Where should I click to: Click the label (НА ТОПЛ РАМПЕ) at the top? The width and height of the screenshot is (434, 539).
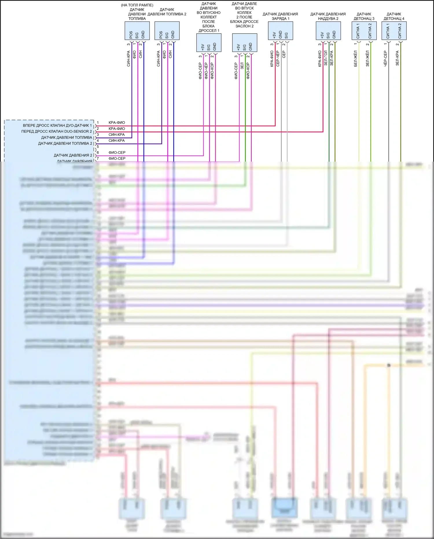pos(137,5)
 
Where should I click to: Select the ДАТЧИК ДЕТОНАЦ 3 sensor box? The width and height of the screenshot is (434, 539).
pos(364,31)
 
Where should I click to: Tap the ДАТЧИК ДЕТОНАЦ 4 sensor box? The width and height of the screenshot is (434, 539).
pos(394,31)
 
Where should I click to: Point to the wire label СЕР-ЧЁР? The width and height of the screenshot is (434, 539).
pos(278,59)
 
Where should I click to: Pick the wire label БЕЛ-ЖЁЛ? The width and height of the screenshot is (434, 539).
pos(356,59)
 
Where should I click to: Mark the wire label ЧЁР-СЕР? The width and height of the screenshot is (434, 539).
pos(385,59)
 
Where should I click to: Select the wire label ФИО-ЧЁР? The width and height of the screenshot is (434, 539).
pos(206,71)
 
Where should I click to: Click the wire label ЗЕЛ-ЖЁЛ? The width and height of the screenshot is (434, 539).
pos(367,59)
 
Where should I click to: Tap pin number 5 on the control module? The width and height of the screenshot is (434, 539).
pos(98,147)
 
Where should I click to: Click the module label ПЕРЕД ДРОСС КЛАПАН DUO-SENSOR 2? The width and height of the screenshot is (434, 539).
pos(56,131)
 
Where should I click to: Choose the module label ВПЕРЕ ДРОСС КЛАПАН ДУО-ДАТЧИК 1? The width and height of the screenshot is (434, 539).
pos(57,125)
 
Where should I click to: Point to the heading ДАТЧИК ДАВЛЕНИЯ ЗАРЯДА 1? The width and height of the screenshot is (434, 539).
pos(280,16)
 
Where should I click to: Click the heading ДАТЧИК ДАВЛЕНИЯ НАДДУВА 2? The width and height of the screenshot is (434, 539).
pos(328,16)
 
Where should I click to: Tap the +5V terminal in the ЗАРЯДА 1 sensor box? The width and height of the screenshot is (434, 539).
pos(274,35)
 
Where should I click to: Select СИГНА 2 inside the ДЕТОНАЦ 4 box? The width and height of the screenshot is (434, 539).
pos(400,31)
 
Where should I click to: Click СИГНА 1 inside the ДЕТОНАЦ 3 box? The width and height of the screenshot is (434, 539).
pos(358,31)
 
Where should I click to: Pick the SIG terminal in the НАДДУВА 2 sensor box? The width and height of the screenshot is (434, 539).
pos(328,35)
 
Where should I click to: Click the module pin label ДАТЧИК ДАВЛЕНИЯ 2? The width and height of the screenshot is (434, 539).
pos(73,155)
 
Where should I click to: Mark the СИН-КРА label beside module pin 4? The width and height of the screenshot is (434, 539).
pos(117,140)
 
